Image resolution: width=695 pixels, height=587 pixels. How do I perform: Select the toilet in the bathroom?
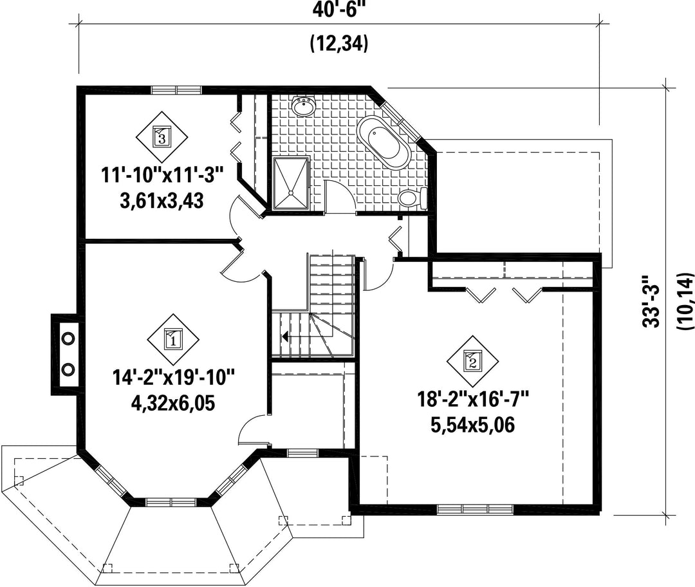(x=412, y=198)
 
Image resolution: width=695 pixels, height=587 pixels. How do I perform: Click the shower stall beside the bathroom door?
(x=291, y=183)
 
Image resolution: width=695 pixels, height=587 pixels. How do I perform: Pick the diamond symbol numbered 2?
(x=472, y=361)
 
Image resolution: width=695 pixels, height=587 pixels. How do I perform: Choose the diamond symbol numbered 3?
(x=162, y=137)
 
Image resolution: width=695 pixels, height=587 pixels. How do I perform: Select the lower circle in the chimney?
(x=68, y=368)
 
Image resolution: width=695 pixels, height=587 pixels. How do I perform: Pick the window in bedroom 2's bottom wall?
(x=476, y=508)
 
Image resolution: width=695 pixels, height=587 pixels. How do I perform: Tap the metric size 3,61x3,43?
(x=162, y=201)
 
